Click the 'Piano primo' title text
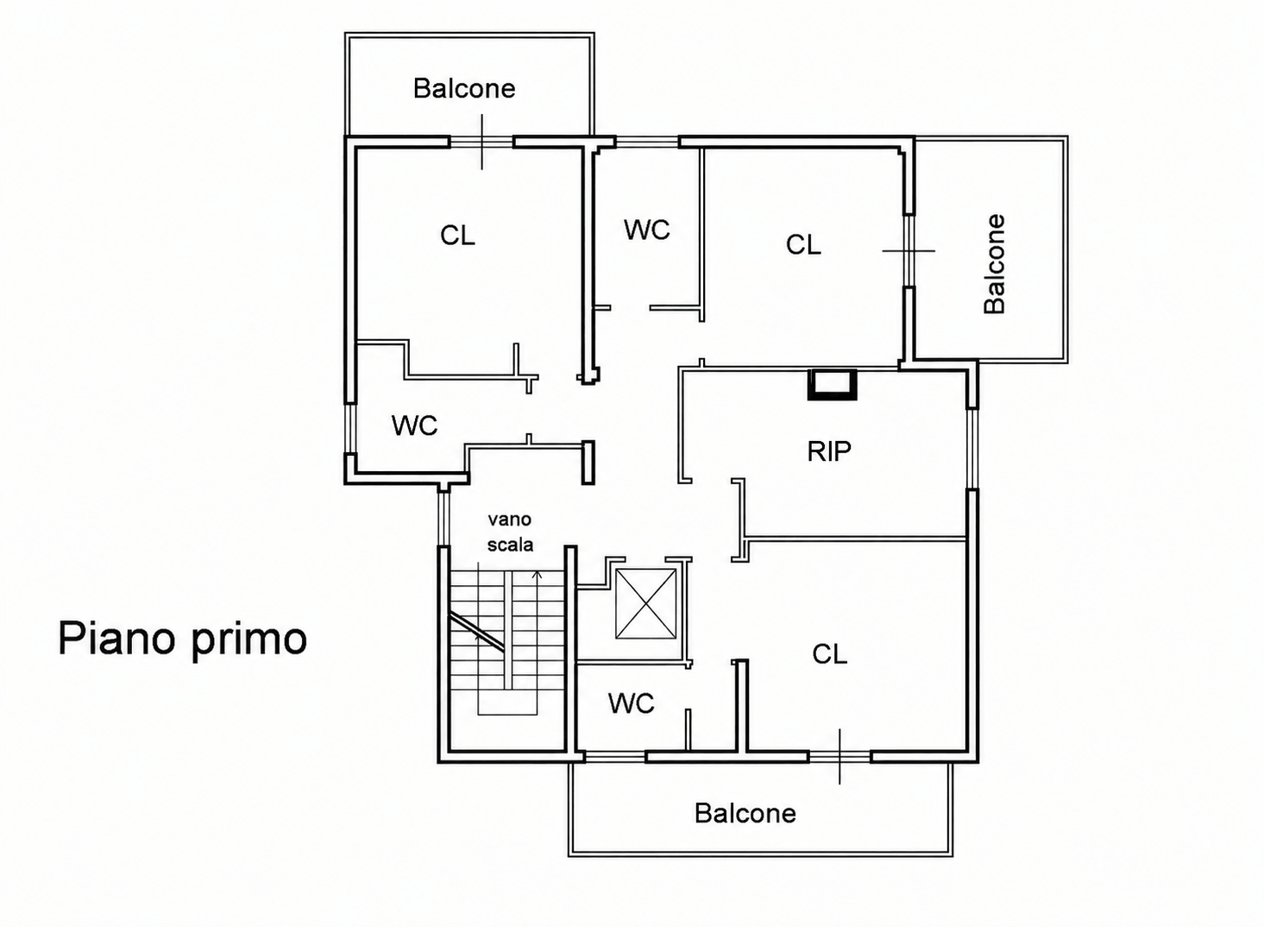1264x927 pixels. (x=182, y=640)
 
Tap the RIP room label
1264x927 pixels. (x=829, y=451)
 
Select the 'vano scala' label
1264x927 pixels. (x=510, y=532)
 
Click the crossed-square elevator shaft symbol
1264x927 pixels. (x=646, y=604)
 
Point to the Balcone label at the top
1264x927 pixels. (x=464, y=89)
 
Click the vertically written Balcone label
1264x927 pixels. (x=994, y=263)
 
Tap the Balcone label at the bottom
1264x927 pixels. (x=745, y=814)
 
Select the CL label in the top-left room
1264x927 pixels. (x=457, y=236)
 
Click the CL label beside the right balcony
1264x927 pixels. (x=803, y=245)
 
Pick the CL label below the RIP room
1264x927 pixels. (x=830, y=654)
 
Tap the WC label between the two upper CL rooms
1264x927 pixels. (x=647, y=230)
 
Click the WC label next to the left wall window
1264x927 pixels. (x=415, y=426)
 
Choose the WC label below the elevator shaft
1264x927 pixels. (x=632, y=703)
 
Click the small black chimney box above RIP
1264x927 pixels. (x=833, y=384)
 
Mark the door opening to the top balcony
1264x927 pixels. (x=481, y=142)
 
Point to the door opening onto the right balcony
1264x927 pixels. (x=909, y=250)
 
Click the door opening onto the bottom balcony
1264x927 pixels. (x=840, y=756)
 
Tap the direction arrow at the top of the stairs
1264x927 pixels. (x=538, y=575)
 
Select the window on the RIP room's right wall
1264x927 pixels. (x=972, y=448)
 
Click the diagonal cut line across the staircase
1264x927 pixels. (x=476, y=632)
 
